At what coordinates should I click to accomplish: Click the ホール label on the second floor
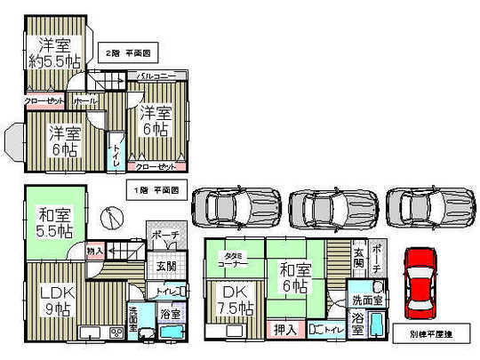(85, 101)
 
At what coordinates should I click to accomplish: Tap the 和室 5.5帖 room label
(54, 221)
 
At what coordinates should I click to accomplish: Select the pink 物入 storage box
(94, 252)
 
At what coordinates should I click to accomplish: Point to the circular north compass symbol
(108, 214)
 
